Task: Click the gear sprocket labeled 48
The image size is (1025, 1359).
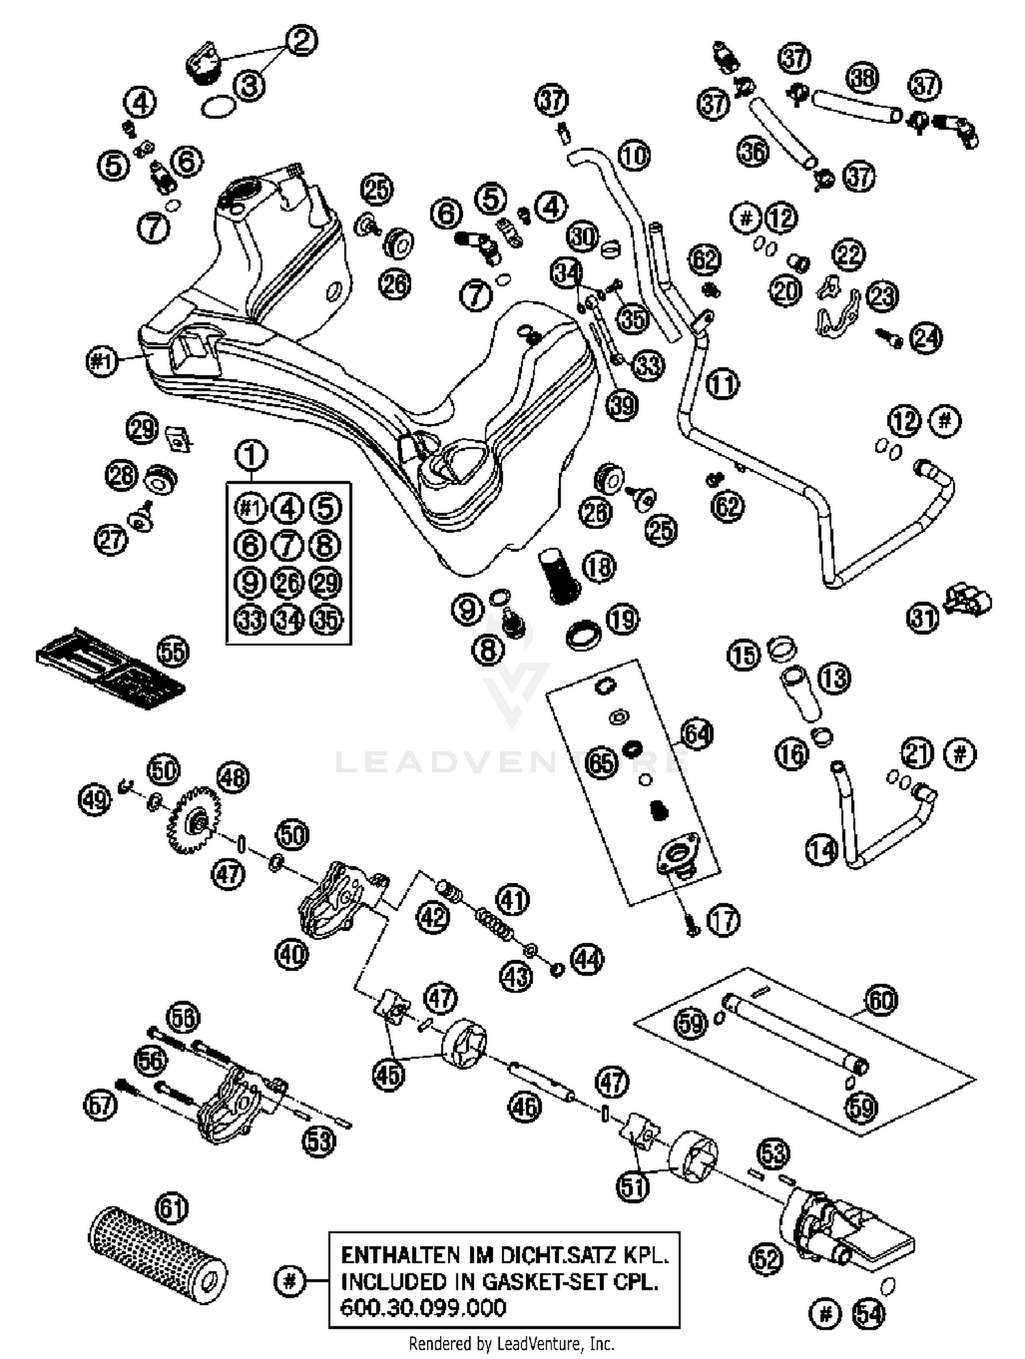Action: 195,820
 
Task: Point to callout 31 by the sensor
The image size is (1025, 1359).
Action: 923,618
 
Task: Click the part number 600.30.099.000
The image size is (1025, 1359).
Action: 423,1308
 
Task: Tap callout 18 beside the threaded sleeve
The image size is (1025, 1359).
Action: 599,566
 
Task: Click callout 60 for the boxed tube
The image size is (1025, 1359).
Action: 881,1000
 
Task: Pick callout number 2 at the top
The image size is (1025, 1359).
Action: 301,41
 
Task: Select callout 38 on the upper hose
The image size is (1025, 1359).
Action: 862,78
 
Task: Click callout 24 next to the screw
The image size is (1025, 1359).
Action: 926,338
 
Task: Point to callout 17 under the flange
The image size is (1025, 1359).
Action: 723,920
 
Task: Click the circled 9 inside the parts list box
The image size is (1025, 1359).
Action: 250,582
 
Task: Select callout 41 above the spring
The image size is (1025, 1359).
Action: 512,899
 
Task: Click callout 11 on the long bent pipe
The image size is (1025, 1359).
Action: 722,384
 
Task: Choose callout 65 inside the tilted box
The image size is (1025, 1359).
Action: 602,762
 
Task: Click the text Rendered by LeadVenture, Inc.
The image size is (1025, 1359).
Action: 511,1344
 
